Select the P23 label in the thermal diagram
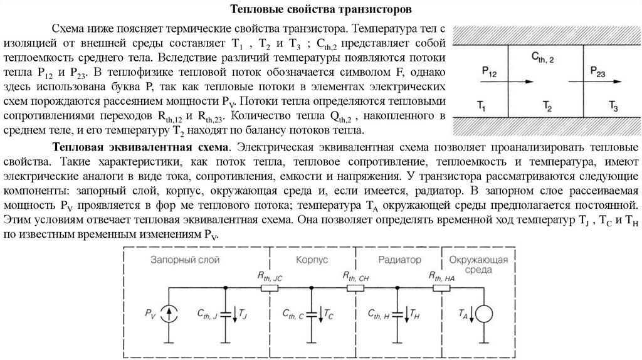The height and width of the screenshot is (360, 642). coord(598,70)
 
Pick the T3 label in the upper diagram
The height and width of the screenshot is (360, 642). coord(616,107)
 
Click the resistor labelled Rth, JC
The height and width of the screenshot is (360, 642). coord(270,288)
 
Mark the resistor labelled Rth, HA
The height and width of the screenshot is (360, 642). coord(441,288)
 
